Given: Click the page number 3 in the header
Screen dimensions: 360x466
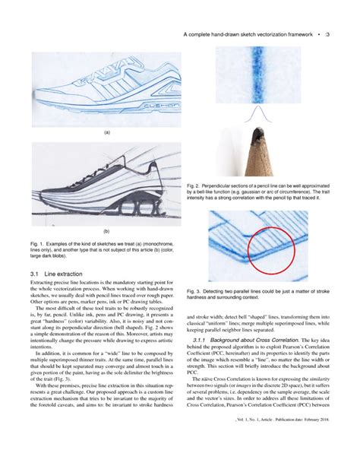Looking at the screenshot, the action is [x=327, y=35].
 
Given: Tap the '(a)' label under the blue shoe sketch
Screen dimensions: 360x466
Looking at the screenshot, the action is [x=106, y=131].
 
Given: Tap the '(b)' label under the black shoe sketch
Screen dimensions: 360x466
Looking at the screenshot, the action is [x=106, y=230].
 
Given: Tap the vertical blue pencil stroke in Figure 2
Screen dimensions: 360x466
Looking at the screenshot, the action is [x=257, y=76].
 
